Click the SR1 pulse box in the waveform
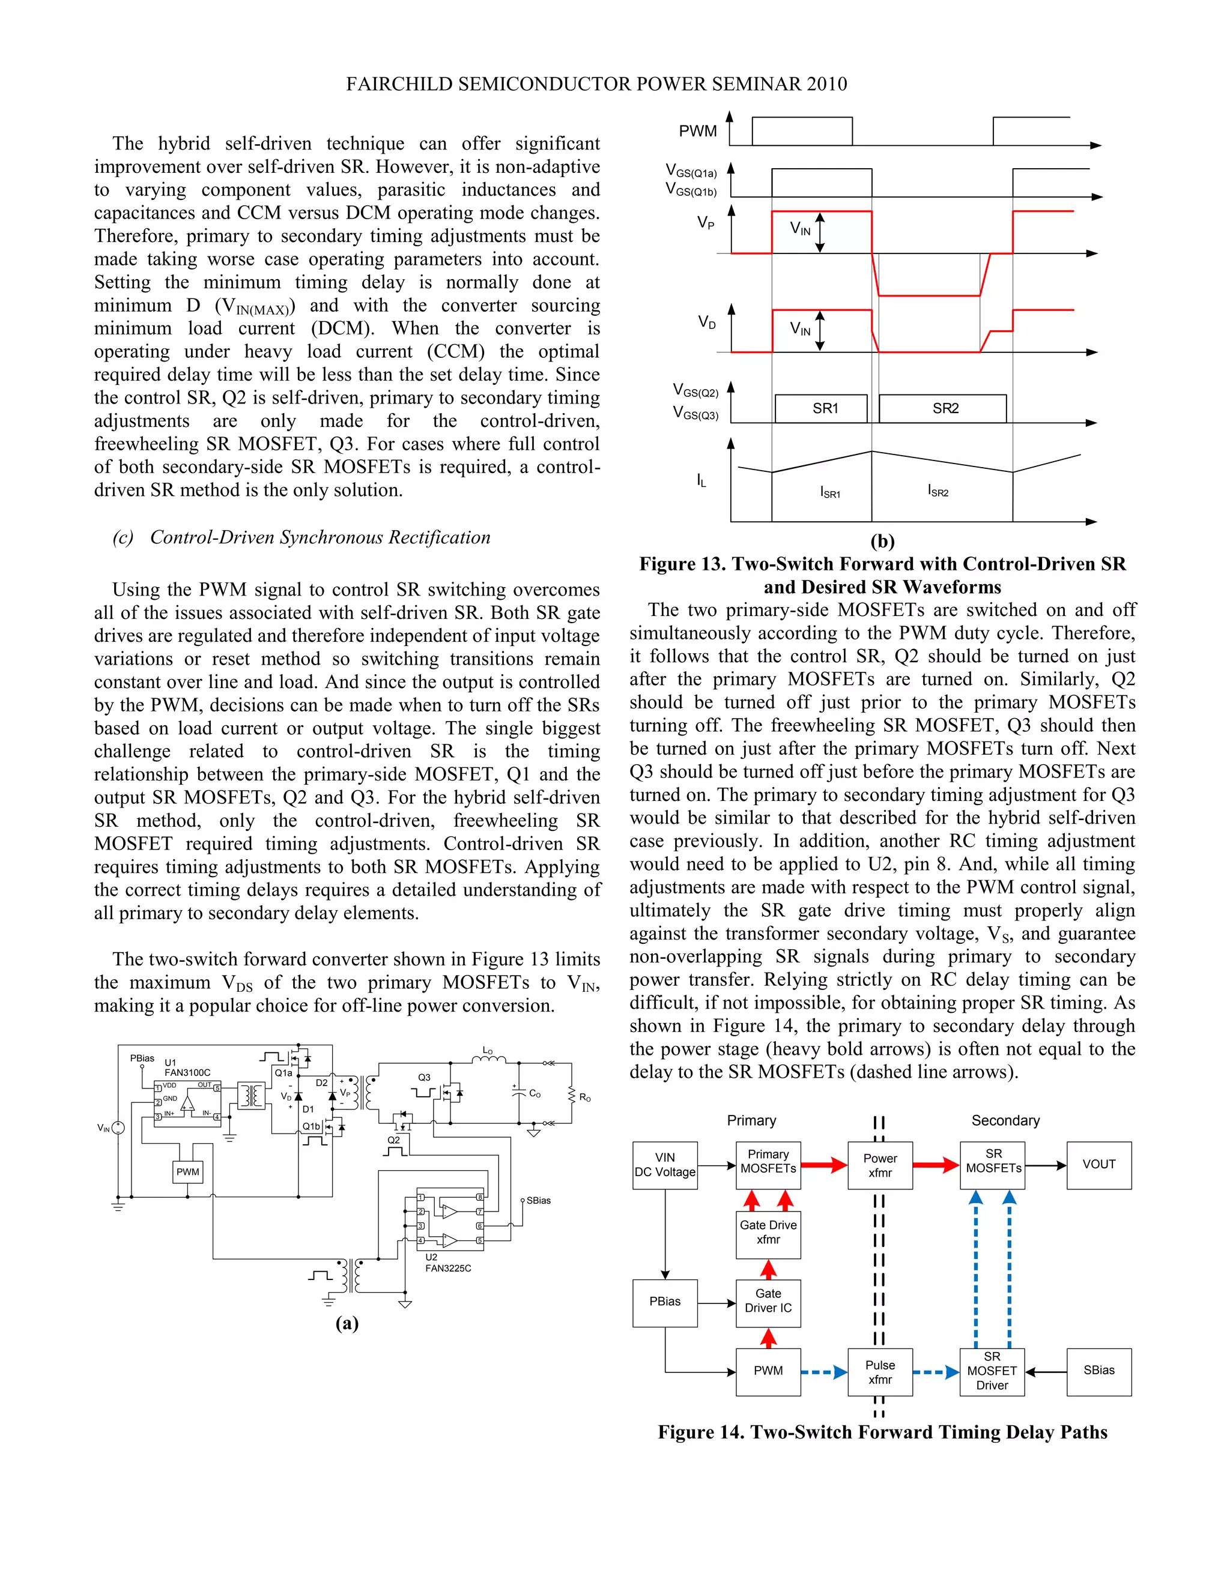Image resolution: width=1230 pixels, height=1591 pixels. point(821,409)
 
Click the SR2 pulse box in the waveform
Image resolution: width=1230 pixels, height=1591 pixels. point(943,409)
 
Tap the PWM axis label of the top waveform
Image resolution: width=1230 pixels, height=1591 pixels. point(697,131)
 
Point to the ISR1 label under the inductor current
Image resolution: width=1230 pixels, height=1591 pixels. point(830,492)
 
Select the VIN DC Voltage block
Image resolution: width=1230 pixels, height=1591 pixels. point(665,1165)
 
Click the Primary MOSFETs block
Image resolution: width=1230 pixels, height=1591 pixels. point(768,1165)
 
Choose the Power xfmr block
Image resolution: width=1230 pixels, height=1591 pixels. point(880,1165)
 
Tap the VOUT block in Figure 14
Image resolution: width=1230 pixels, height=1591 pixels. point(1099,1165)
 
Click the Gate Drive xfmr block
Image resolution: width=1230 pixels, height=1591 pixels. point(768,1233)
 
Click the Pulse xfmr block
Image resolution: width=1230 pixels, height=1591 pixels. point(880,1372)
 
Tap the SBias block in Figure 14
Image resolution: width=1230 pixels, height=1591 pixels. point(1099,1370)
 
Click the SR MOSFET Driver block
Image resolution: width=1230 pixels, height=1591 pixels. point(992,1371)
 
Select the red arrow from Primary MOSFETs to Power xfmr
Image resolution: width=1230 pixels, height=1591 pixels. point(824,1165)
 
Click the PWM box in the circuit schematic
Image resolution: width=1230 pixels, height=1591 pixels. point(188,1172)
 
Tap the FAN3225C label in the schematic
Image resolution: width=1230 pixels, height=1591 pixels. point(448,1268)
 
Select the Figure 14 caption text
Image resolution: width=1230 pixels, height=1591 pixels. point(882,1432)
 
